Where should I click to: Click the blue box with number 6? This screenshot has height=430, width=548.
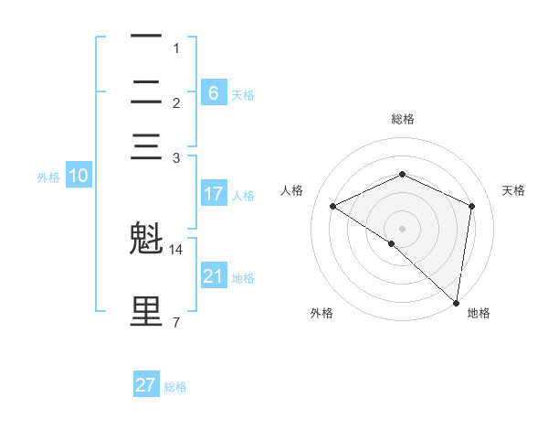pyautogui.click(x=213, y=92)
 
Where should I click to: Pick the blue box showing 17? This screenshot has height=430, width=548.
pyautogui.click(x=213, y=194)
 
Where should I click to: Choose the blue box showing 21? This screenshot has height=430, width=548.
pyautogui.click(x=213, y=276)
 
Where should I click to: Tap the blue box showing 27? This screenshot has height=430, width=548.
pyautogui.click(x=146, y=385)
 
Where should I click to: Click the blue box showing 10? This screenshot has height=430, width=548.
pyautogui.click(x=79, y=177)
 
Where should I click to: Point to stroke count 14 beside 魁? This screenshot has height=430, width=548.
pyautogui.click(x=176, y=249)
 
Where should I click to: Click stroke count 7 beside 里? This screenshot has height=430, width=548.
pyautogui.click(x=176, y=322)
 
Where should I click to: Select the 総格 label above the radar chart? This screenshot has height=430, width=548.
pyautogui.click(x=402, y=119)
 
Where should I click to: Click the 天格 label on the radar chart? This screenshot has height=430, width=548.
pyautogui.click(x=513, y=190)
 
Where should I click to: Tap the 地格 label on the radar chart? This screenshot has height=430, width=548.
pyautogui.click(x=479, y=313)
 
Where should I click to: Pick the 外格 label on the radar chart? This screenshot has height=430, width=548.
pyautogui.click(x=321, y=313)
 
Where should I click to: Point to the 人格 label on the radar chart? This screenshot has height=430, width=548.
pyautogui.click(x=292, y=190)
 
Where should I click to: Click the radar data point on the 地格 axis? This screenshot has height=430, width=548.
pyautogui.click(x=455, y=302)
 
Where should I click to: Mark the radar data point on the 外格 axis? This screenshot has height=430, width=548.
pyautogui.click(x=392, y=243)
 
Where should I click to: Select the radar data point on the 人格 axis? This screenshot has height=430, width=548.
pyautogui.click(x=333, y=207)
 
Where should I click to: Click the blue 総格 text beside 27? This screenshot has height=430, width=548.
pyautogui.click(x=175, y=387)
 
